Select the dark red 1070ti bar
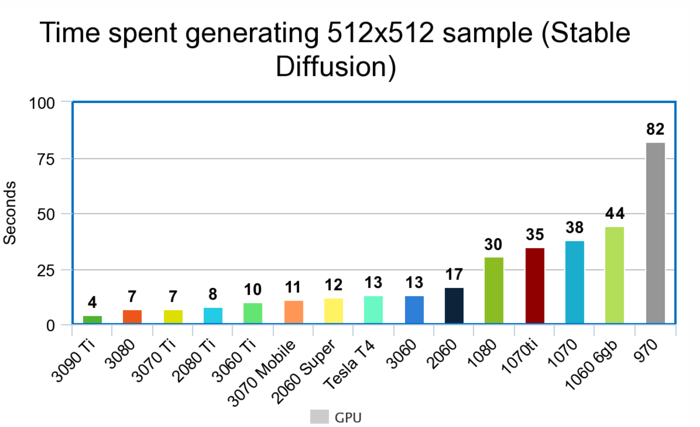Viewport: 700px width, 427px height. [535, 285]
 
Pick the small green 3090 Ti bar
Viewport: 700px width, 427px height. [92, 319]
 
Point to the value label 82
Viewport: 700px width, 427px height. [655, 129]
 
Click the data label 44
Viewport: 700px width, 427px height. [615, 213]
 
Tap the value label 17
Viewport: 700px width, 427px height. [454, 275]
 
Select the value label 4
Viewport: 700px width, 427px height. [92, 302]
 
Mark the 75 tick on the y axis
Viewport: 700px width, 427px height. [46, 159]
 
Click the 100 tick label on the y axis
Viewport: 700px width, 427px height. [42, 103]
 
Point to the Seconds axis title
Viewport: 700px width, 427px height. [10, 213]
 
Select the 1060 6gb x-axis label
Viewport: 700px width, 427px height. [591, 365]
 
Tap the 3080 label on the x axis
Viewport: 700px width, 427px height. [120, 354]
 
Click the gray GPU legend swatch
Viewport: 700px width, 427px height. [319, 416]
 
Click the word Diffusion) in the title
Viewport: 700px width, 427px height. [336, 66]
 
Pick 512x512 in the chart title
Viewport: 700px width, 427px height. [380, 33]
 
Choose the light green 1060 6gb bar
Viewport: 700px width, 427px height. [614, 275]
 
